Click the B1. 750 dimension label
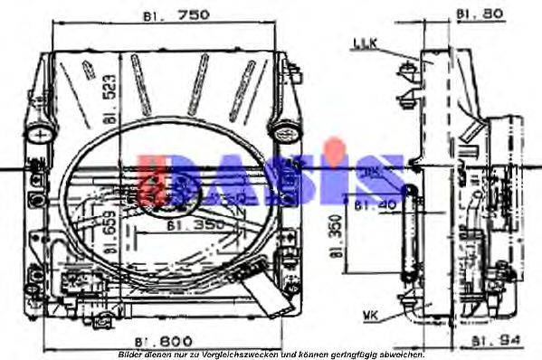pos(176,15)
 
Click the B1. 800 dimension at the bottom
pos(163,340)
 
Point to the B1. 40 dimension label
pos(373,205)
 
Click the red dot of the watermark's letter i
pos(335,145)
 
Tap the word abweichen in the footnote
pos(404,354)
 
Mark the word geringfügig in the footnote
pos(357,354)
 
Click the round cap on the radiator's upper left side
pos(42,133)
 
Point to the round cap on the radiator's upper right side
pos(285,132)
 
